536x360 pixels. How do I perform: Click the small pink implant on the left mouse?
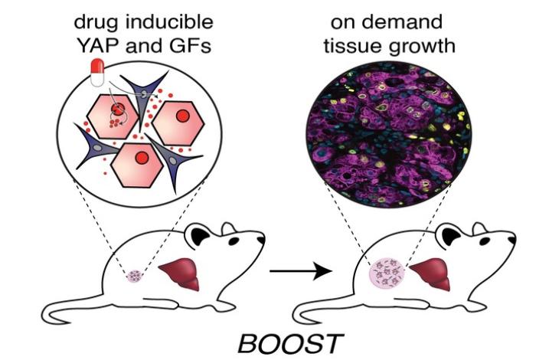tap(136, 275)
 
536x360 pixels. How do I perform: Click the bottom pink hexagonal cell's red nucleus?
tap(141, 159)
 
